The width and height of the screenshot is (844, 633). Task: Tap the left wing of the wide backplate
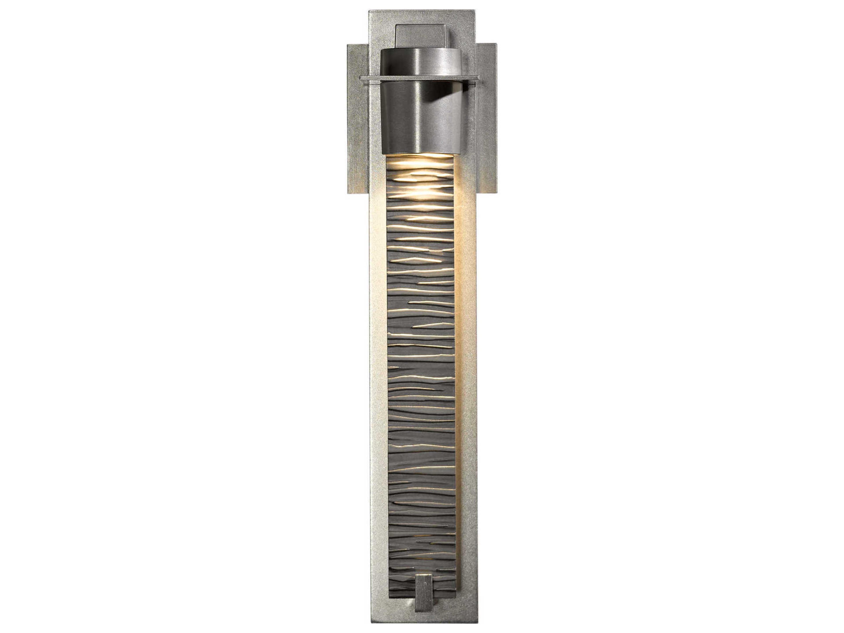click(x=357, y=134)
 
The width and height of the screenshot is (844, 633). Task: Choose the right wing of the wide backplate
click(x=487, y=134)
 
